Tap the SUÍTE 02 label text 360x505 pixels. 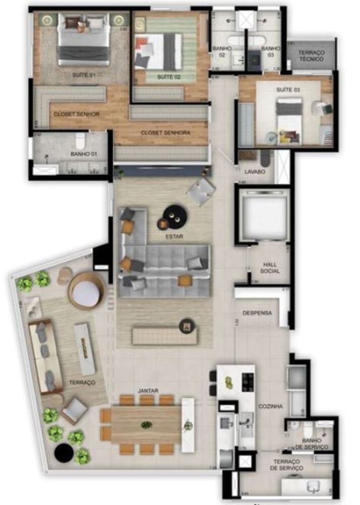pos(169,77)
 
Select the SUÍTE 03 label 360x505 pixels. pos(288,89)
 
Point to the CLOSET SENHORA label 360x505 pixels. pos(166,133)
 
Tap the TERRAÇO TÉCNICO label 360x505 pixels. pos(311,55)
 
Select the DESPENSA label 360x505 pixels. pos(257,313)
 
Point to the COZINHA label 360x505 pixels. pos(270,406)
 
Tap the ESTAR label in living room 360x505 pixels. pos(174,236)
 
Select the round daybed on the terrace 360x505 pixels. pos(86,291)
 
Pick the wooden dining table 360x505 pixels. pos(146,424)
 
